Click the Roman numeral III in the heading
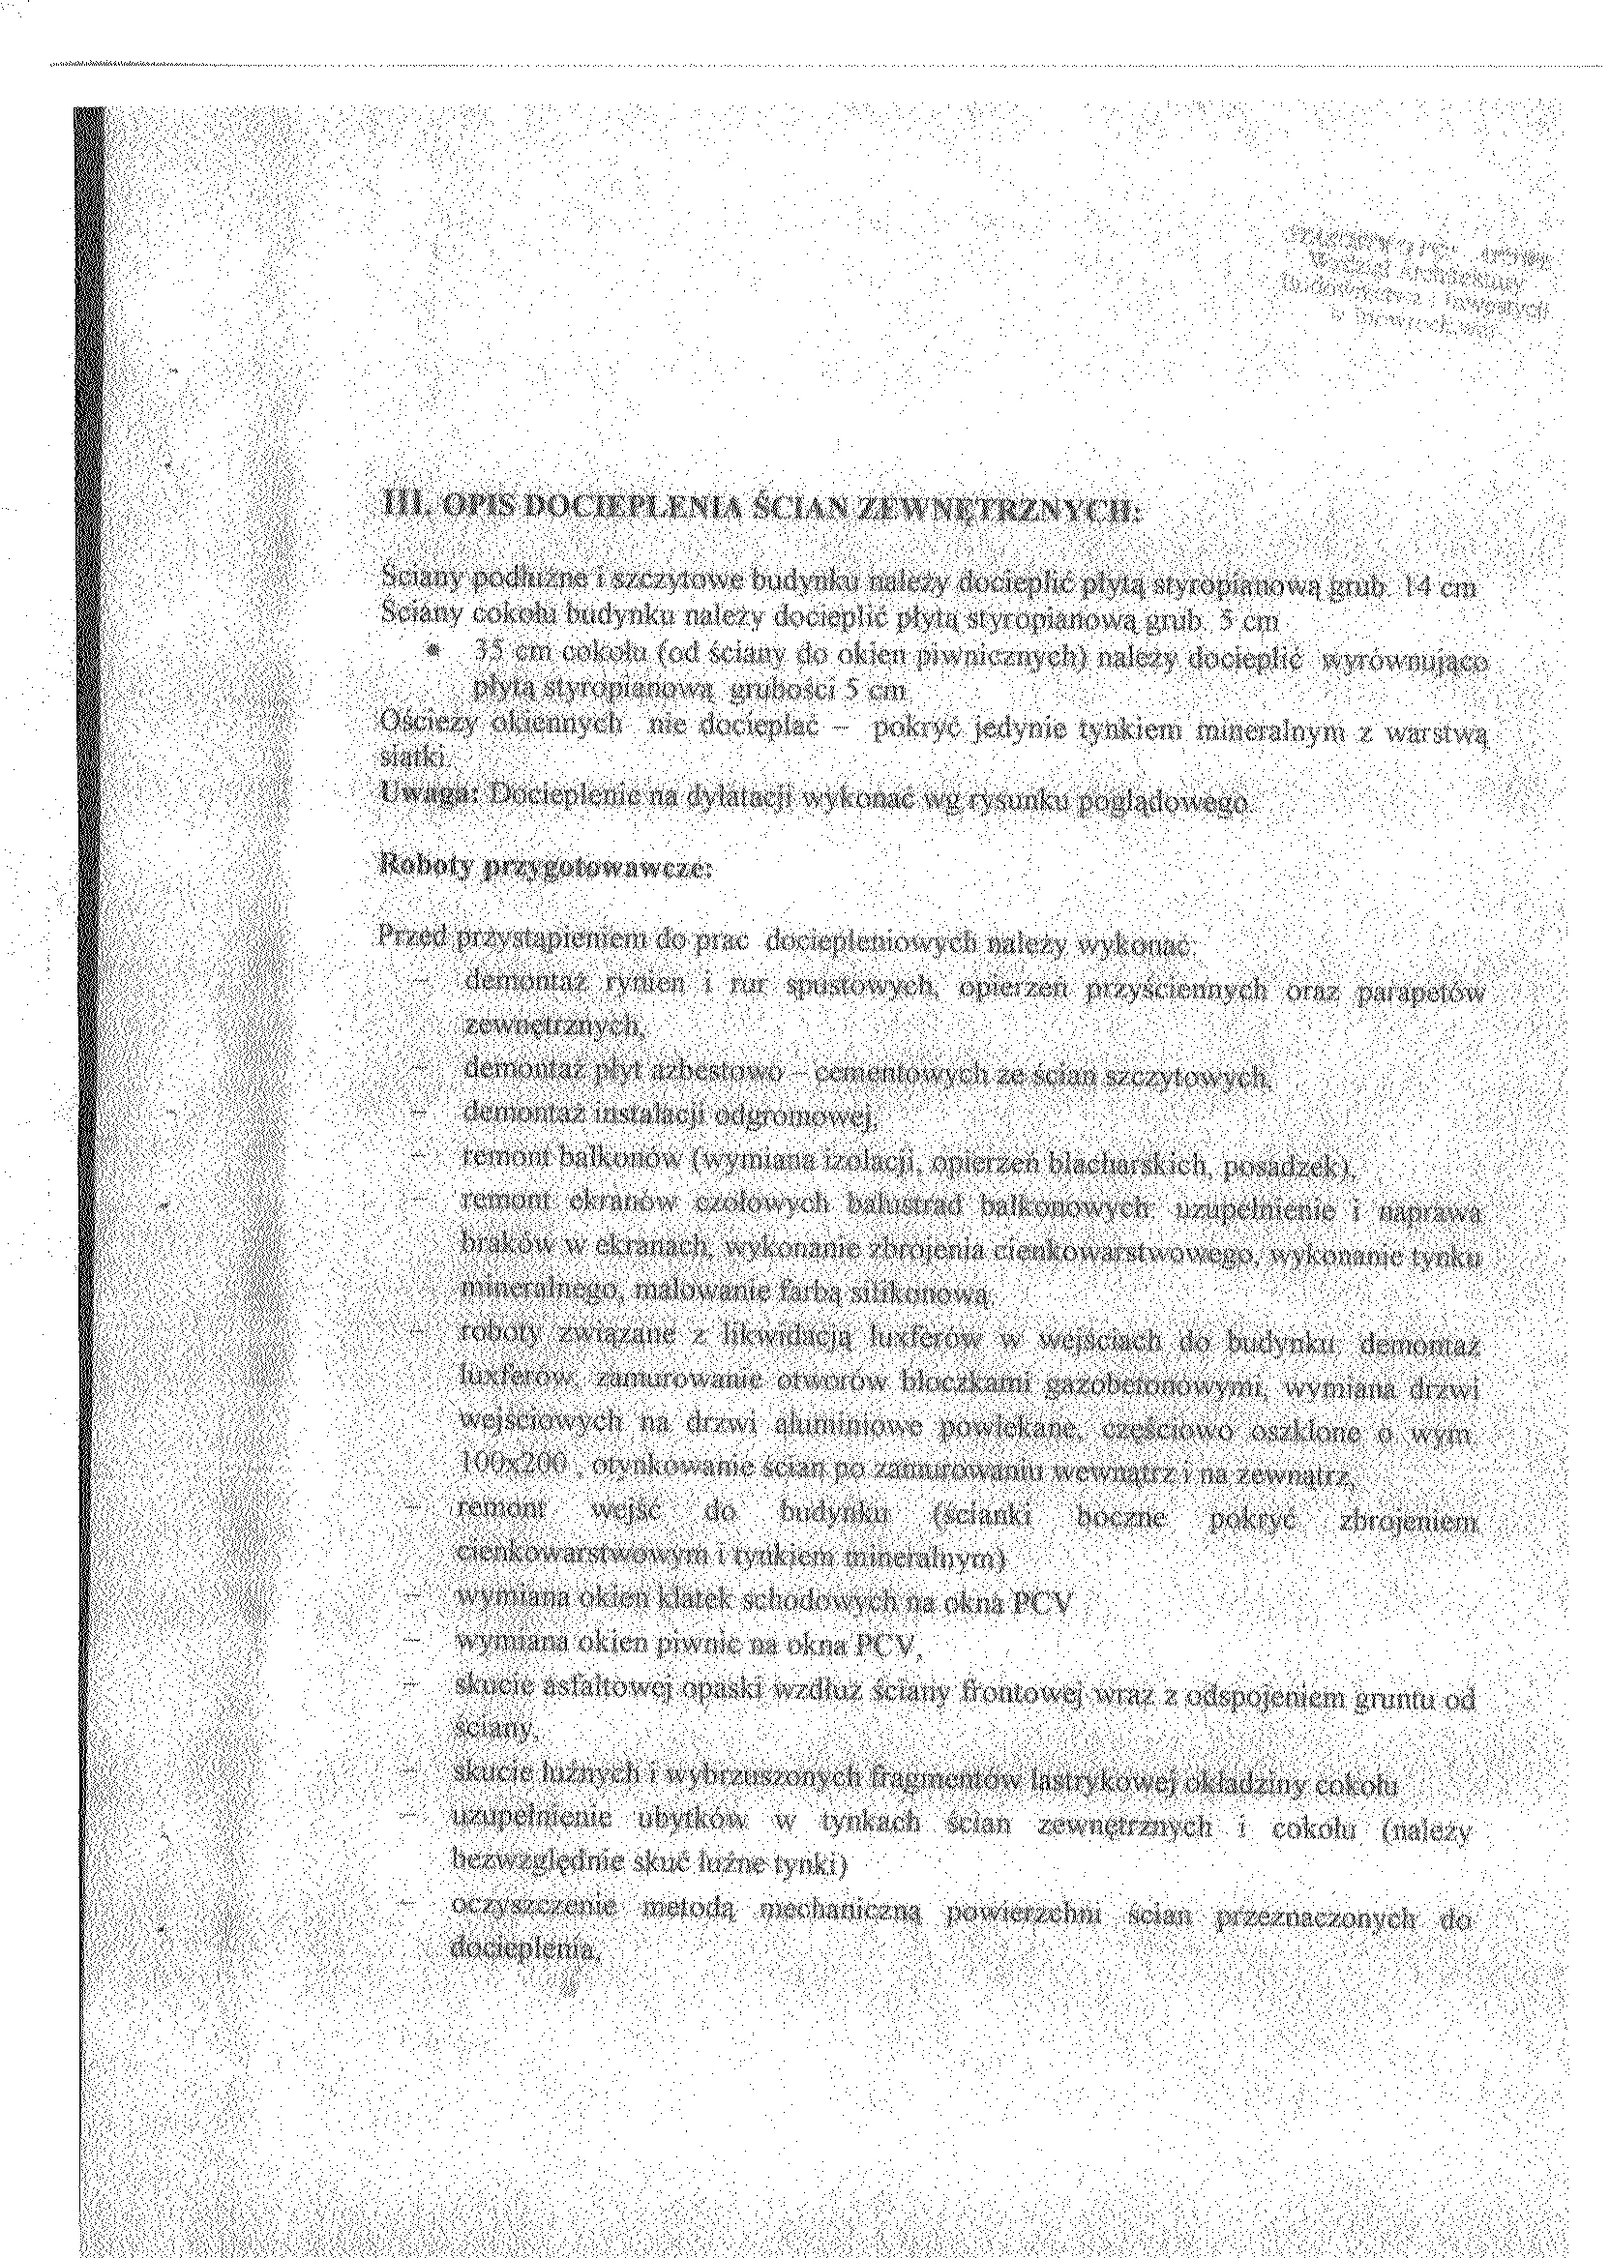[x=399, y=513]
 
